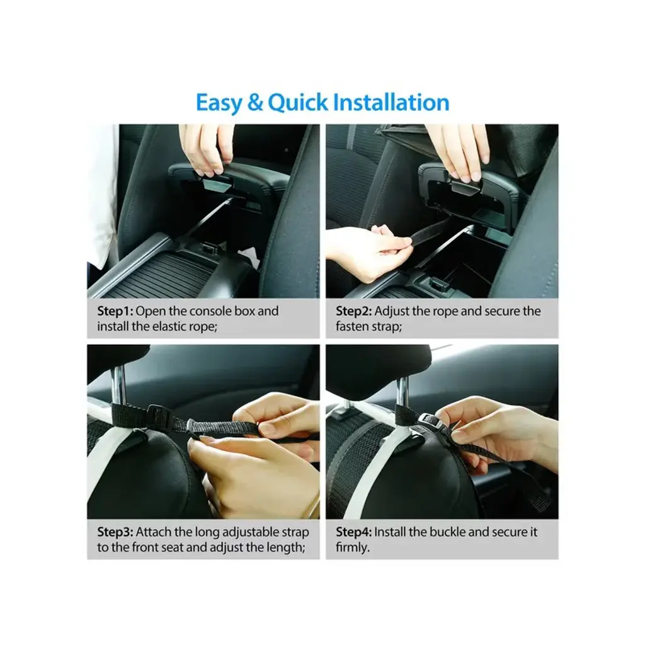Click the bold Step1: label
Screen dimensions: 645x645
tap(115, 311)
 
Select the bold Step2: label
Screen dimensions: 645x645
tap(354, 311)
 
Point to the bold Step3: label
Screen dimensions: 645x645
tap(115, 532)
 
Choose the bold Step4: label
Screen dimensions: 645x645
tap(354, 532)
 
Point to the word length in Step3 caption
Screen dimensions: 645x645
tap(287, 548)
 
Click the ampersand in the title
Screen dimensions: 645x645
tap(255, 103)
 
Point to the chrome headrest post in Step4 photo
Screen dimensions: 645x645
tap(402, 387)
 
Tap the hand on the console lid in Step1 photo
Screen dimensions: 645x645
tap(207, 148)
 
